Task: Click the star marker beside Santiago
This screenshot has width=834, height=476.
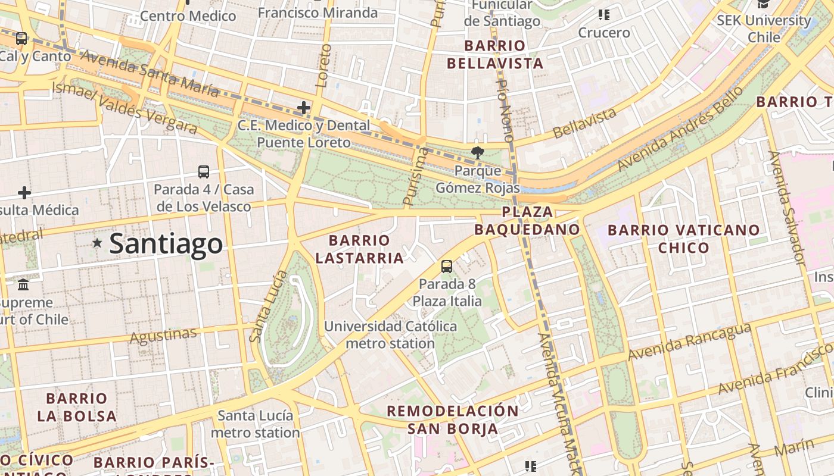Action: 97,243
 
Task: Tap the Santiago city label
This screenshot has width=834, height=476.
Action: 166,244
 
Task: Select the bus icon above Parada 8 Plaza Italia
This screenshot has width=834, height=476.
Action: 447,267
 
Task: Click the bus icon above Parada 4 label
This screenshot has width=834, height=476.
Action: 204,172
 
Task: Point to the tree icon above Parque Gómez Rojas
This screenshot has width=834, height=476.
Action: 477,153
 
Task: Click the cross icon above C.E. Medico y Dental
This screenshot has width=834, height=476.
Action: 304,108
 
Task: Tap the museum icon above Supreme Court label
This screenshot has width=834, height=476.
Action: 23,285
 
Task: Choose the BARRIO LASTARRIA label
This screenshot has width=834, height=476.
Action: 359,249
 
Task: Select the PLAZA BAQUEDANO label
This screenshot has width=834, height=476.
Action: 527,221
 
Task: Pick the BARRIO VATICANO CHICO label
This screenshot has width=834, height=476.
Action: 683,239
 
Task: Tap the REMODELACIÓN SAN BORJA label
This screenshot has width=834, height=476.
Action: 453,419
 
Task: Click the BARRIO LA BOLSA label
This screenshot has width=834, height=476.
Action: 77,407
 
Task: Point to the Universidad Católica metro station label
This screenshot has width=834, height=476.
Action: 390,334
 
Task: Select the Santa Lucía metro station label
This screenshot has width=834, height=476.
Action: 255,424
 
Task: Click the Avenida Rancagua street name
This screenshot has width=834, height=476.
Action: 689,342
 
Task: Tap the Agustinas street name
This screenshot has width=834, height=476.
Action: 163,336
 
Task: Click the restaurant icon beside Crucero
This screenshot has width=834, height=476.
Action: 604,14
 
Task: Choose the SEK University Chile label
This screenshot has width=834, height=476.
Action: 764,28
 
